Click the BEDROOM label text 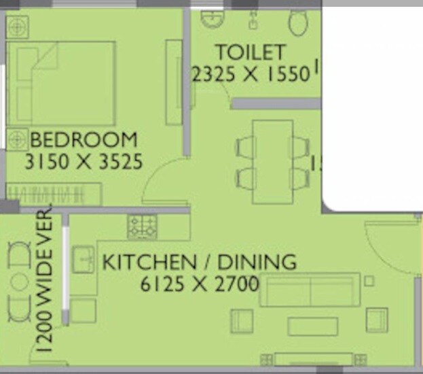(x=84, y=141)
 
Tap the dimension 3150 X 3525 (x=83, y=162)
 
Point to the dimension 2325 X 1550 (x=251, y=73)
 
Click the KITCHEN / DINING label (x=199, y=262)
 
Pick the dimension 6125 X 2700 (x=199, y=284)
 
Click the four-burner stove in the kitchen (x=143, y=226)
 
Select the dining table (x=272, y=162)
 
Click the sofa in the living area (x=310, y=290)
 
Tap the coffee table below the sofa (x=312, y=326)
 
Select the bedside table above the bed (x=17, y=27)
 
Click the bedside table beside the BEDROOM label (x=16, y=139)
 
